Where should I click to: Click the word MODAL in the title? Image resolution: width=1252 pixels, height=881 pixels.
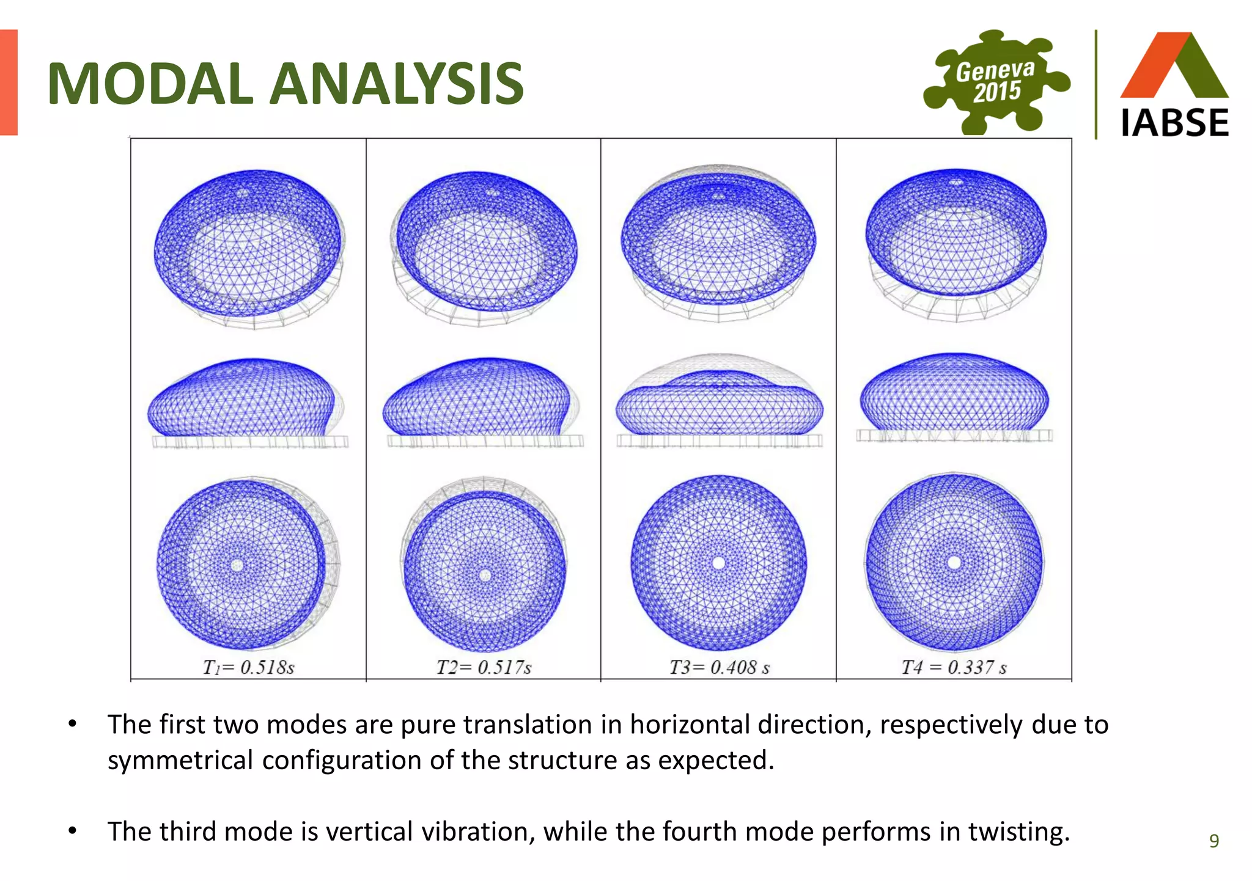(150, 84)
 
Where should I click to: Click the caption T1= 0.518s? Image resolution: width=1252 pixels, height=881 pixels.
(248, 667)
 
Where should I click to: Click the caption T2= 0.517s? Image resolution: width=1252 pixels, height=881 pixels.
(484, 667)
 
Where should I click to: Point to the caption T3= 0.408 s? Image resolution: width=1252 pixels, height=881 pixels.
(719, 667)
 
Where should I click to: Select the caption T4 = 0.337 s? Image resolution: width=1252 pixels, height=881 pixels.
(954, 667)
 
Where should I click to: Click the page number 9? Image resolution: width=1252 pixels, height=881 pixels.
(1214, 841)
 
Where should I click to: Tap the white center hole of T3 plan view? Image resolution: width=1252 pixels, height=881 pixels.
(719, 563)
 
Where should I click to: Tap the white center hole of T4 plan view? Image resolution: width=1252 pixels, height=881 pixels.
(954, 563)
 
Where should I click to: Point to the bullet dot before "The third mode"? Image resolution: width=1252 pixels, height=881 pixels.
(73, 831)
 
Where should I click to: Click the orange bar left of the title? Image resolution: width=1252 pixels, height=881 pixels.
(9, 82)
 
